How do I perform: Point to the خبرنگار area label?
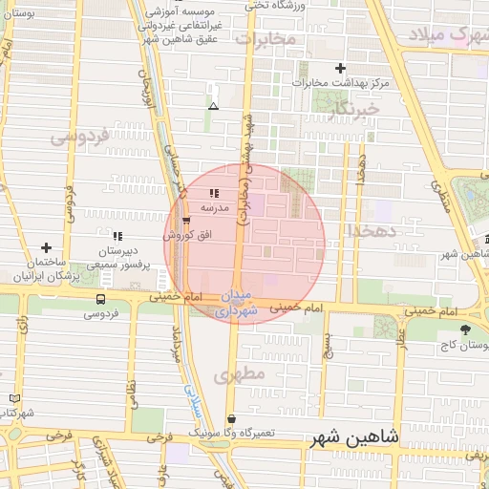[x=354, y=110]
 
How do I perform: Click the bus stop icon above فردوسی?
[x=100, y=298]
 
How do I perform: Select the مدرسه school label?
[x=213, y=207]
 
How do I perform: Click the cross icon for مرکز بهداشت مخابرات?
[x=340, y=68]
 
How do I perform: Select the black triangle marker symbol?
[x=213, y=105]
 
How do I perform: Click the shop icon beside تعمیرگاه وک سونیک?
[x=232, y=418]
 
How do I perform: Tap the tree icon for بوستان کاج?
[x=465, y=330]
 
